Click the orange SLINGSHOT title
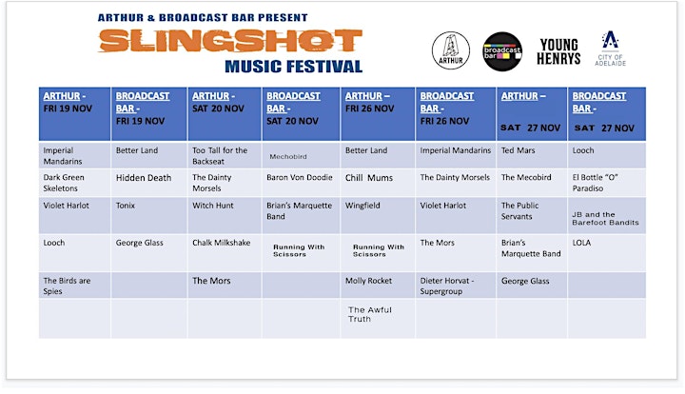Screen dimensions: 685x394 (x=230, y=41)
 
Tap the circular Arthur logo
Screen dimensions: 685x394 (x=451, y=50)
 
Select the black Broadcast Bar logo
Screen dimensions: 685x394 (x=502, y=51)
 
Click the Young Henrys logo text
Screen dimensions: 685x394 (x=558, y=51)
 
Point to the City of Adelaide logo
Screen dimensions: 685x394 (x=610, y=48)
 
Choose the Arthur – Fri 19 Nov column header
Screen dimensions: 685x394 (x=75, y=114)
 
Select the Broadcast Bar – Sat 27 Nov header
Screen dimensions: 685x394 (x=607, y=114)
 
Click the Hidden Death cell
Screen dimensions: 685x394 (x=149, y=183)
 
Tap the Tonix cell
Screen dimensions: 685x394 (x=149, y=215)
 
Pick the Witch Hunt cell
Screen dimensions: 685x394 (x=225, y=215)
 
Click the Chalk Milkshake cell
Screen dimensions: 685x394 (x=225, y=252)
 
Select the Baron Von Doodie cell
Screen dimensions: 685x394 (x=301, y=183)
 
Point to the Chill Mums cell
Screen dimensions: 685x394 (x=378, y=183)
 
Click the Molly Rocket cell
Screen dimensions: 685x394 (x=378, y=286)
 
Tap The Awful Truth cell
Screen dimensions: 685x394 (x=378, y=319)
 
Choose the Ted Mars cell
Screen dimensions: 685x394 (x=532, y=155)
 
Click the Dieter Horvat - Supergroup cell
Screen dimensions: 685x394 (x=456, y=286)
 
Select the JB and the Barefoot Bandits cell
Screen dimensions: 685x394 (x=607, y=215)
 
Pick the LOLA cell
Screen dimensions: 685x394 (x=607, y=252)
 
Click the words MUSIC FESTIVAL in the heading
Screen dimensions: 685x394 (x=294, y=67)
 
